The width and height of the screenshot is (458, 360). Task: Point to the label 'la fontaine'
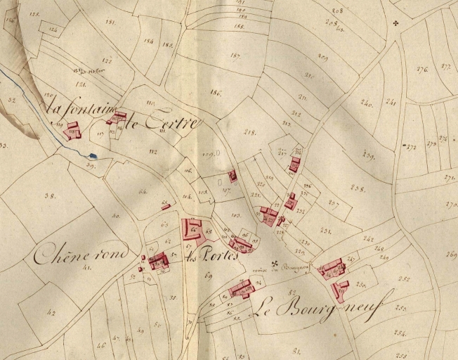click(x=78, y=111)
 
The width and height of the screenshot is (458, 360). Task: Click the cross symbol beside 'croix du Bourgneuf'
click(x=275, y=265)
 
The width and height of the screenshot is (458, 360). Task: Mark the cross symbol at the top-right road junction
click(x=397, y=23)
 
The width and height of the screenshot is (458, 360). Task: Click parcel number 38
click(x=49, y=195)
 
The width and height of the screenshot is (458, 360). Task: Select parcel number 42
click(x=51, y=311)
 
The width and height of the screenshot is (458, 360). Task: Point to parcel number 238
click(x=358, y=188)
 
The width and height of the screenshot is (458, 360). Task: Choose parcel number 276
click(x=422, y=69)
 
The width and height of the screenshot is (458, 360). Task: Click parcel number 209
click(x=323, y=56)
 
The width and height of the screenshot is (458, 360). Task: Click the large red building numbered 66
click(x=193, y=229)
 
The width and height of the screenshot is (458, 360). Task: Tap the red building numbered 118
click(x=72, y=130)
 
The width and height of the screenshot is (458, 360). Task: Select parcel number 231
click(x=325, y=231)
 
